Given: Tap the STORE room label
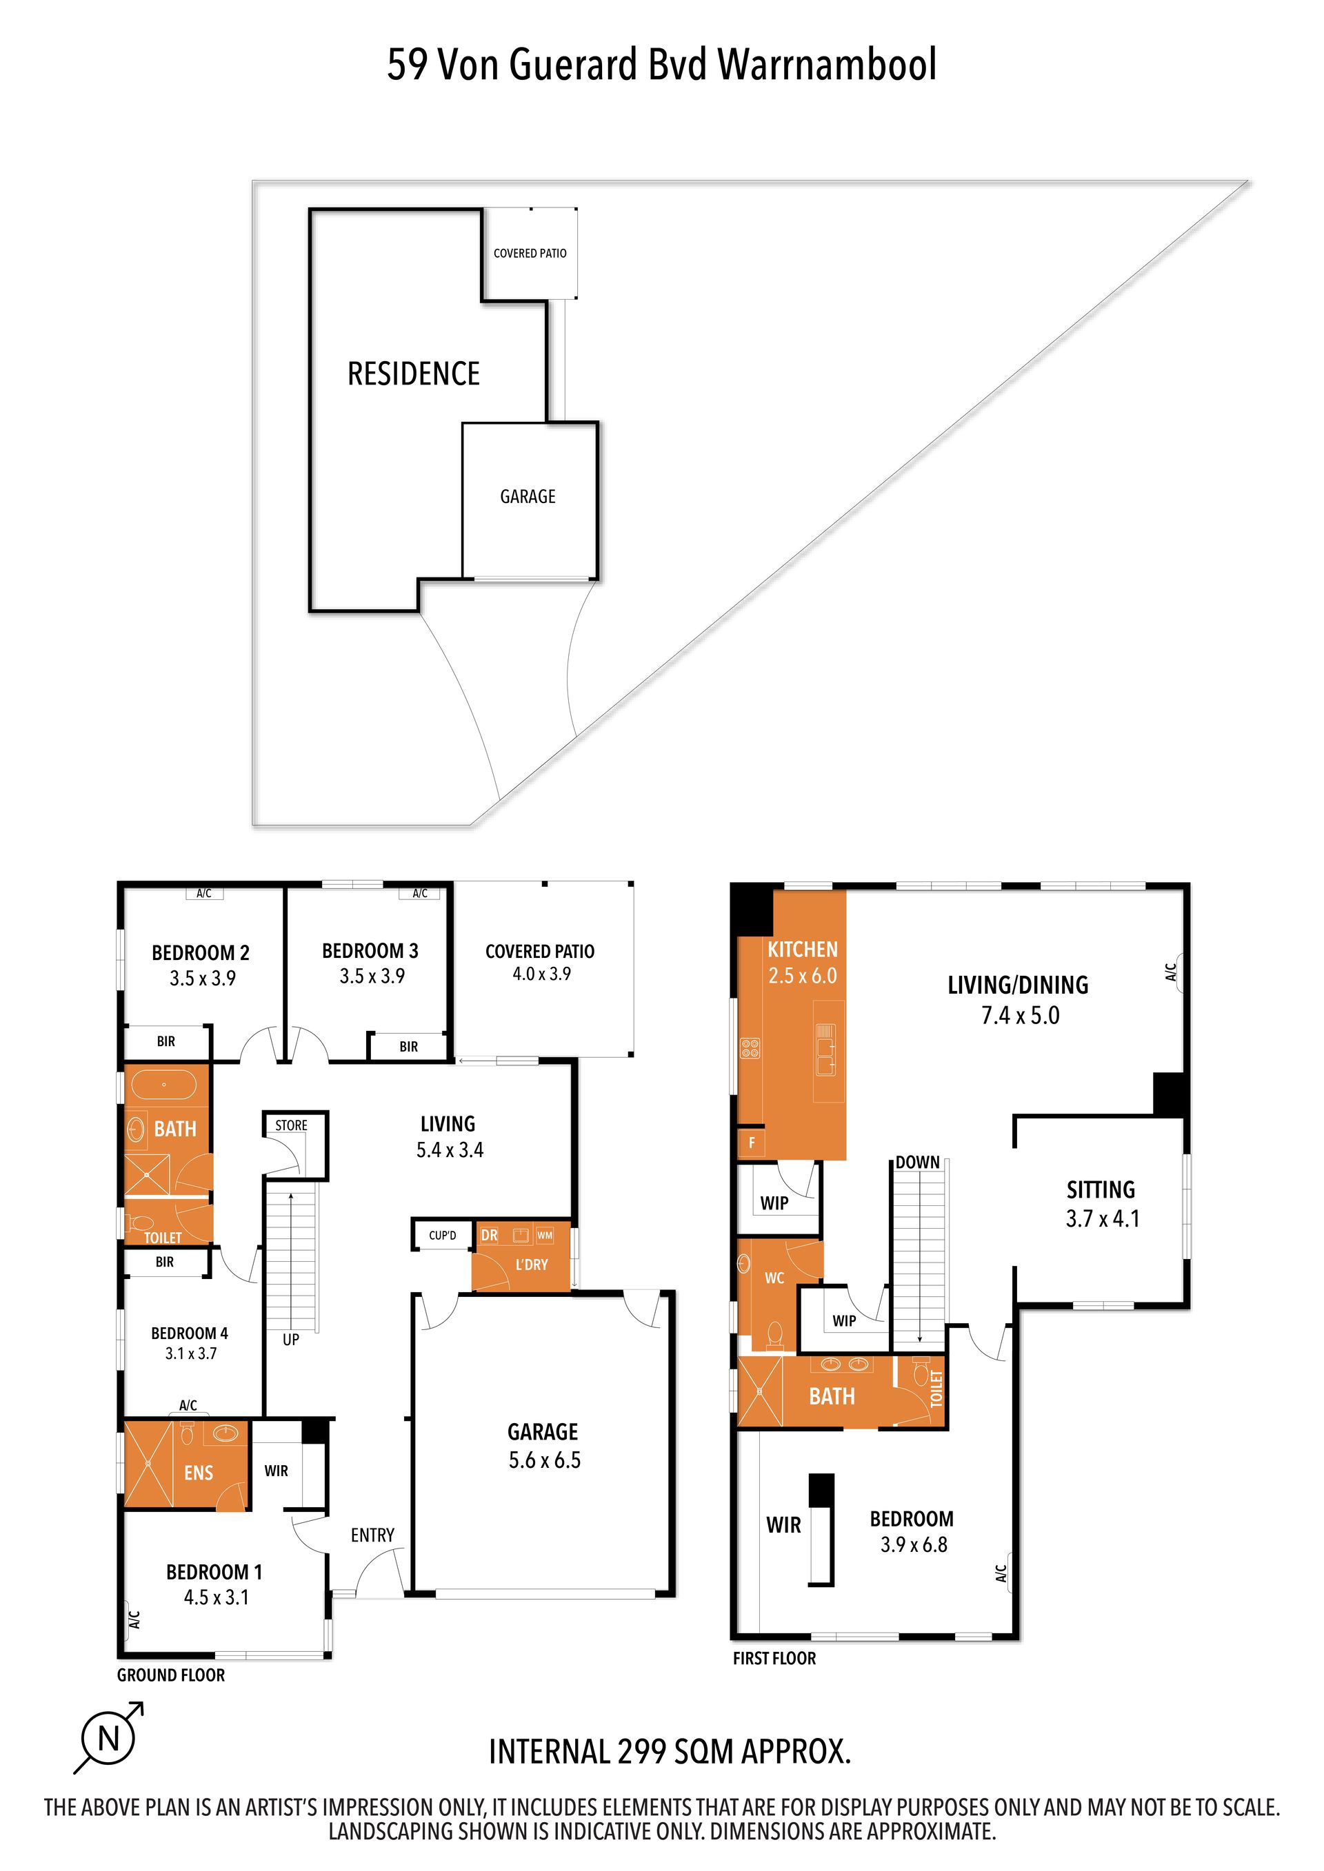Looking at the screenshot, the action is click(291, 1125).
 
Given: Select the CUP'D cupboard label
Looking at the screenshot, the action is click(443, 1236).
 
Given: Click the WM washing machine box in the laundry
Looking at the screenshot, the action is click(545, 1236).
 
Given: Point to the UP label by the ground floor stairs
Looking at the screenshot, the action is click(291, 1340).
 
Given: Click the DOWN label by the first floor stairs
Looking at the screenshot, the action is click(918, 1162).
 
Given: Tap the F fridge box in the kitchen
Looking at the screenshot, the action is click(751, 1143).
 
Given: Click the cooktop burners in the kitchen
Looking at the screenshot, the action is click(750, 1048).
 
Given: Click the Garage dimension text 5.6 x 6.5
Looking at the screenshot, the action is click(545, 1460).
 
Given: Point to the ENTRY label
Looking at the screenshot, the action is click(372, 1535).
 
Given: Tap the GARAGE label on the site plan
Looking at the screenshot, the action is click(528, 496).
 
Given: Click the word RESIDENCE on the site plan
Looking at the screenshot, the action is click(414, 374).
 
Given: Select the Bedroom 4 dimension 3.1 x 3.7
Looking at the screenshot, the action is click(191, 1353).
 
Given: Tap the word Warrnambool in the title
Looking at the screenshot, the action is click(827, 64).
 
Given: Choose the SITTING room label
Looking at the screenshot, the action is click(1101, 1189).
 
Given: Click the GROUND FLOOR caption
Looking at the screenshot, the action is click(171, 1675).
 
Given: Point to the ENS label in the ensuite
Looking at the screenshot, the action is click(199, 1473).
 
